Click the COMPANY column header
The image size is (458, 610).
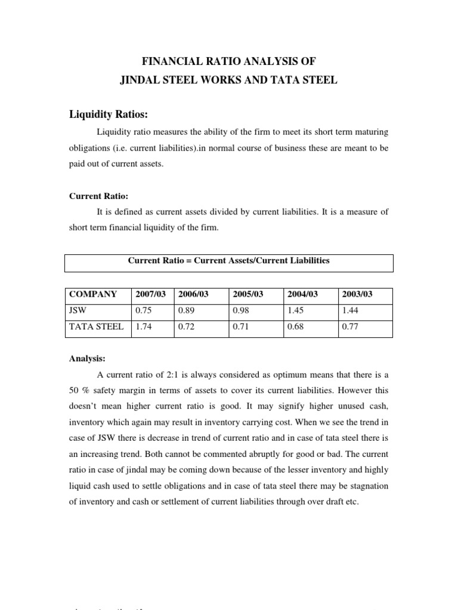pos(93,294)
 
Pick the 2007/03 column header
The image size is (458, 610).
pos(150,294)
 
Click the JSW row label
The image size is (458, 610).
pos(78,310)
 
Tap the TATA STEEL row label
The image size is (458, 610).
pos(97,326)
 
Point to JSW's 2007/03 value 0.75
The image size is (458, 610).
pos(143,310)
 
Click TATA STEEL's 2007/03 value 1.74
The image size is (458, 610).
pos(143,326)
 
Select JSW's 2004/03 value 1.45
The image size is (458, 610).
pos(295,310)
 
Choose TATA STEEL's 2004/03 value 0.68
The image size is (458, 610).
pos(295,326)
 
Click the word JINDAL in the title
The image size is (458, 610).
pos(141,79)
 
